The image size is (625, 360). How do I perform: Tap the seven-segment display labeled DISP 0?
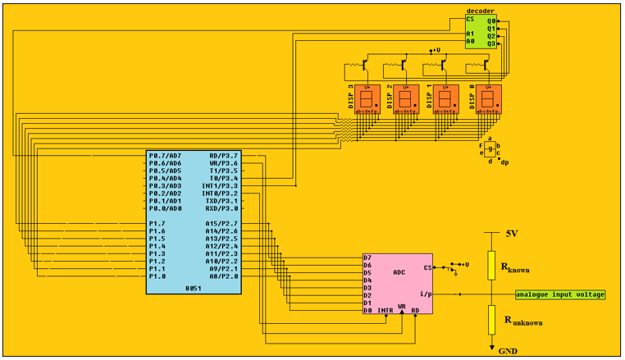coord(490,99)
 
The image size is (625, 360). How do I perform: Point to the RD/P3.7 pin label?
coord(223,155)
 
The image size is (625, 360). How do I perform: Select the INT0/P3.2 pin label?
coord(220,194)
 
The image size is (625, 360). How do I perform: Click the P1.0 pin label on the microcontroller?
coord(157,276)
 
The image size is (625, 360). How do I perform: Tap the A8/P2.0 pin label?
coord(222,276)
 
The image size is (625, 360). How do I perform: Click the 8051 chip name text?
coord(194,289)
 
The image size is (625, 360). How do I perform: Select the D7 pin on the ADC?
coord(367,258)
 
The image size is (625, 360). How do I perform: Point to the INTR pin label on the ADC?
coord(385,311)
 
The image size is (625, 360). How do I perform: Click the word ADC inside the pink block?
coord(399,271)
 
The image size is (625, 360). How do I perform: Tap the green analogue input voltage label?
coord(560,294)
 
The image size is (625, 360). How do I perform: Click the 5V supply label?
coord(511,234)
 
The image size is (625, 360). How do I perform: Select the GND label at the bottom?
coord(509,350)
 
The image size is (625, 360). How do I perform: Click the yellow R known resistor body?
coord(490,263)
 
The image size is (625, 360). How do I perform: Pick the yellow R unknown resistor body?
coord(490,319)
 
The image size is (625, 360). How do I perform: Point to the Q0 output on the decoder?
coord(490,20)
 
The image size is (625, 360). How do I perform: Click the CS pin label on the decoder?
coord(470,19)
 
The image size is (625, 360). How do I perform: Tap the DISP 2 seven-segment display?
coord(406,99)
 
